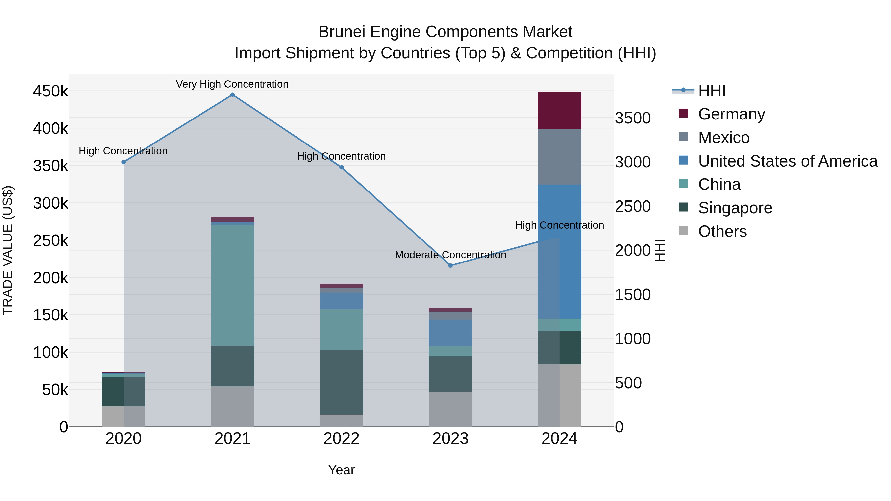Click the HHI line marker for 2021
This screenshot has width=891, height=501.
coord(232,95)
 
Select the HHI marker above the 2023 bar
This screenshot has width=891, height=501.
coord(450,265)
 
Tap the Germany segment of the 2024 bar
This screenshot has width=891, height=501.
coord(559,110)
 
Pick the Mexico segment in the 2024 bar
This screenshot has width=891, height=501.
coord(559,157)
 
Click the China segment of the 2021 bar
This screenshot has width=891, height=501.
coord(232,285)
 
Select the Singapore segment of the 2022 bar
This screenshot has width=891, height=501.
coord(341,382)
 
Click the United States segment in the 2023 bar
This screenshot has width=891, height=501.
coord(450,333)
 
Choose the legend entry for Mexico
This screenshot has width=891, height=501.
coord(724,138)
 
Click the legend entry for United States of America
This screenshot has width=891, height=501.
coord(788,161)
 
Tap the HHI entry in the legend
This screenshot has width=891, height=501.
coord(712,91)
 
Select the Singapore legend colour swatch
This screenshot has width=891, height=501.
coord(683,207)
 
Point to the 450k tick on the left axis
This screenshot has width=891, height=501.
coord(50,91)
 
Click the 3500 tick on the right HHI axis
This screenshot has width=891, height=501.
coord(633,118)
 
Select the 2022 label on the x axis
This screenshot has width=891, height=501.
coord(341,439)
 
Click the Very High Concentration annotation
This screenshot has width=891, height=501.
coord(232,84)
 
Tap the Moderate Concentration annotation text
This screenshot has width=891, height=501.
coord(450,255)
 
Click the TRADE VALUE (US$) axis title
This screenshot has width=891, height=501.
coord(8,250)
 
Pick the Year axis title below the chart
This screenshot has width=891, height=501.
coord(341,470)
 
